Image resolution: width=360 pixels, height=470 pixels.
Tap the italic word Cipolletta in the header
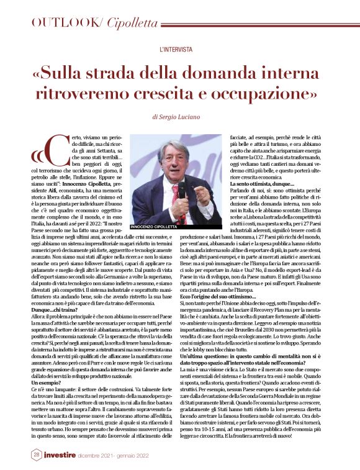pos(132,24)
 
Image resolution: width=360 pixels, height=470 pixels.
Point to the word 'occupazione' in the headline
pos(266,94)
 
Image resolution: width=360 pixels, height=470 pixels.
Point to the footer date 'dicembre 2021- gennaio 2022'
pos(115,456)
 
